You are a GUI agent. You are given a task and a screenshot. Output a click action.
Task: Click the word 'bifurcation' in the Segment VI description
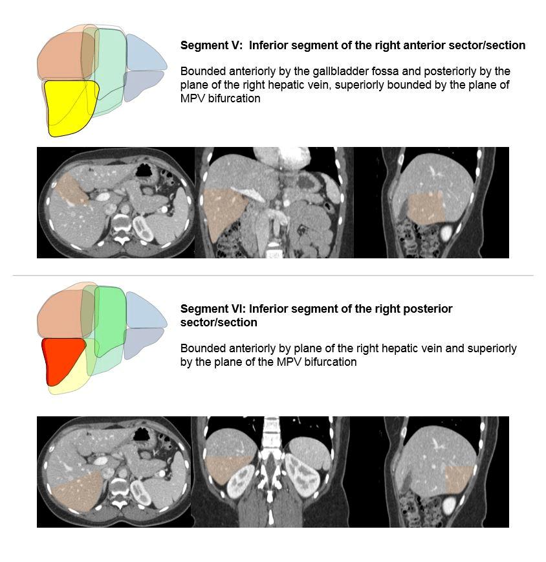pyautogui.click(x=331, y=362)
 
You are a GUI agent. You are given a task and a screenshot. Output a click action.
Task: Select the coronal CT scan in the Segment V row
pyautogui.click(x=274, y=202)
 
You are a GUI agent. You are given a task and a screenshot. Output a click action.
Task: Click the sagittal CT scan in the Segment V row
pyautogui.click(x=432, y=202)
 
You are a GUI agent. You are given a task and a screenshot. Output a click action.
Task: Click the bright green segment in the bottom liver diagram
pyautogui.click(x=109, y=317)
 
